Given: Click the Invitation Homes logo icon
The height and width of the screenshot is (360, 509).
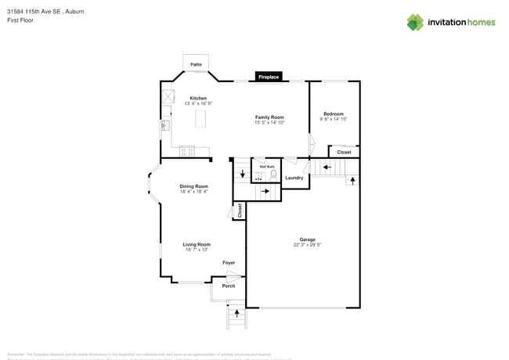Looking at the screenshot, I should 415,23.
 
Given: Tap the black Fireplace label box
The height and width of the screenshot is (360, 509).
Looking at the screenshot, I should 269,77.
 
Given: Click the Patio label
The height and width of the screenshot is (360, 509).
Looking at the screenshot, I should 196,64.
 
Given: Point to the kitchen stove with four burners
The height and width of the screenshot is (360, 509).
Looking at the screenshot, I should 187,151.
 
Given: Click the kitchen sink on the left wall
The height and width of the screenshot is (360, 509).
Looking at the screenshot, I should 166,124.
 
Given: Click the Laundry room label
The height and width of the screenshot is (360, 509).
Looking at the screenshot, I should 294,178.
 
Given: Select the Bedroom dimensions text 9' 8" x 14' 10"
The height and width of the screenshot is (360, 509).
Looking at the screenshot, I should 334,119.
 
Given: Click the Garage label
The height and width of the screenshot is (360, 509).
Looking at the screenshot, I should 307,239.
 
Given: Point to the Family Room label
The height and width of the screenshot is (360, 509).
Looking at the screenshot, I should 269,117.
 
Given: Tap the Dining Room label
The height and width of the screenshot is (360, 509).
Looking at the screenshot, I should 193,186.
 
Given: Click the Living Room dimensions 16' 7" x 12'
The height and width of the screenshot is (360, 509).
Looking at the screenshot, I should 197,250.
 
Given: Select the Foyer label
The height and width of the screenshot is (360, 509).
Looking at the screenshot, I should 229,263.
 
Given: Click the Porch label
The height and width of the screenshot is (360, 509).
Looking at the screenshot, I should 229,286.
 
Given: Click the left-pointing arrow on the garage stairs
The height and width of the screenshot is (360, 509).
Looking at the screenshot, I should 327,166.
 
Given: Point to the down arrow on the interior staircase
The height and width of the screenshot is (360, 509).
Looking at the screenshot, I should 242,173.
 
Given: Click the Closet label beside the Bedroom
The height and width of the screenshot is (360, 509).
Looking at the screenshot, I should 344,153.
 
